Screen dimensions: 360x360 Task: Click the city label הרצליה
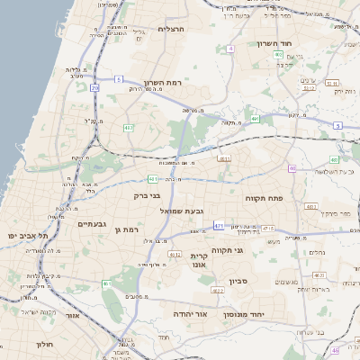point(171,29)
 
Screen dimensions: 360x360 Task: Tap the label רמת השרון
point(163,82)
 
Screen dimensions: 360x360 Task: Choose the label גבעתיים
point(93,224)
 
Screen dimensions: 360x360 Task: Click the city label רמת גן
point(129,230)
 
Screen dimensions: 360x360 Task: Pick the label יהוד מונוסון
point(267,314)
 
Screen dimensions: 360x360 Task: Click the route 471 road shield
point(219,225)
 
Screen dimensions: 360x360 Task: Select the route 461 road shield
point(175,255)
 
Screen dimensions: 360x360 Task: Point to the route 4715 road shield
point(268,229)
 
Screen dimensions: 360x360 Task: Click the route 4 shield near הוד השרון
point(230,49)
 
